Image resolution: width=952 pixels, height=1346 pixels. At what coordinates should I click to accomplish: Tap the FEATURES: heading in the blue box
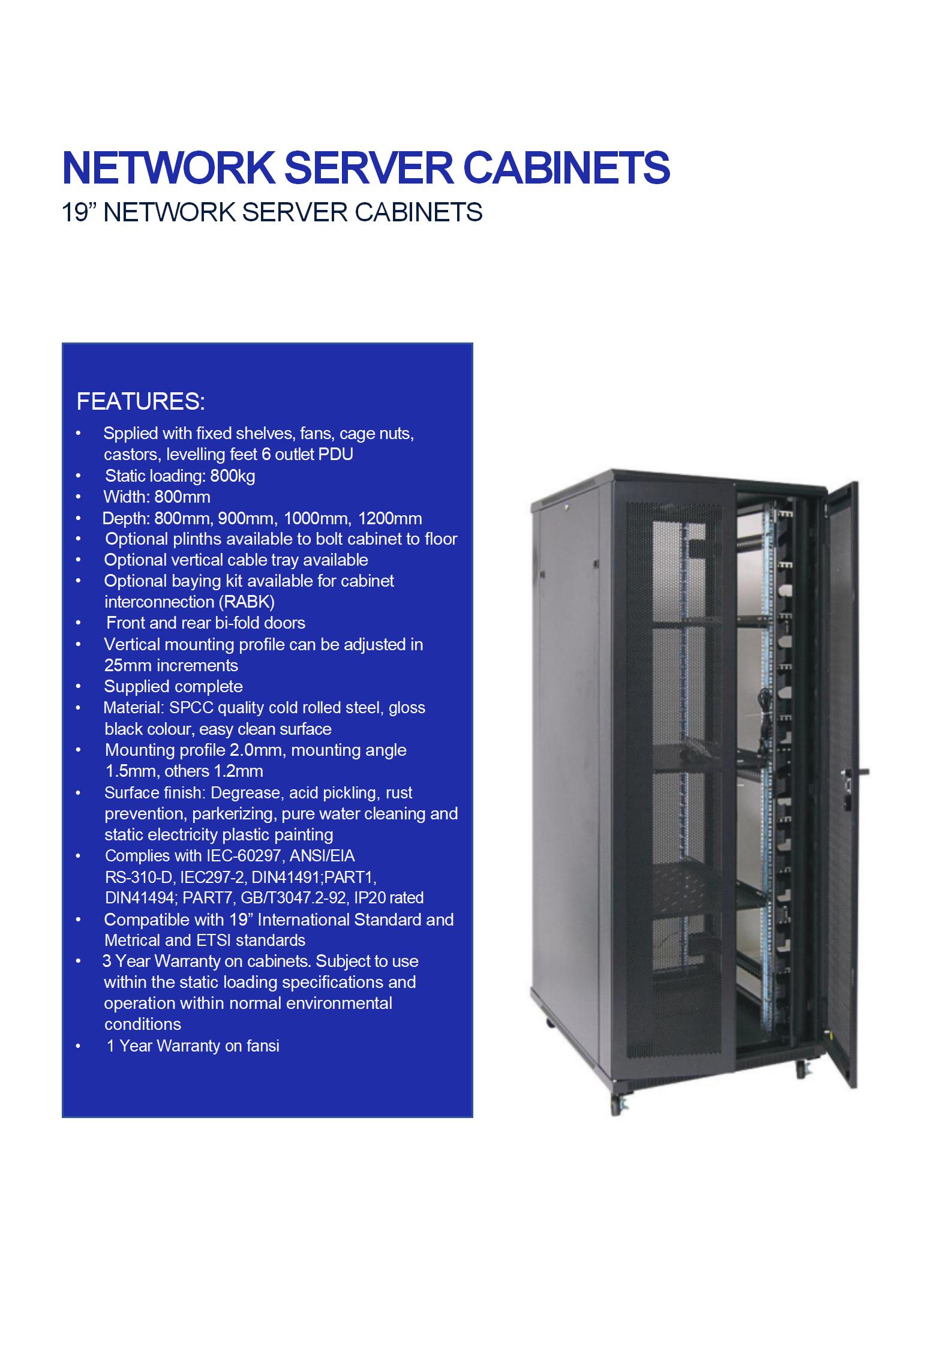pyautogui.click(x=141, y=401)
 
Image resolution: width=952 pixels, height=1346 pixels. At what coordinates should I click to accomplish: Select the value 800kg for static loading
pyautogui.click(x=233, y=476)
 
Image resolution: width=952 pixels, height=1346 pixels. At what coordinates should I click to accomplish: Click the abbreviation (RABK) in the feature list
pyautogui.click(x=248, y=602)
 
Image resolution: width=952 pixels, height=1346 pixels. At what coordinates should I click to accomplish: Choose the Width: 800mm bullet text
pyautogui.click(x=157, y=497)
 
